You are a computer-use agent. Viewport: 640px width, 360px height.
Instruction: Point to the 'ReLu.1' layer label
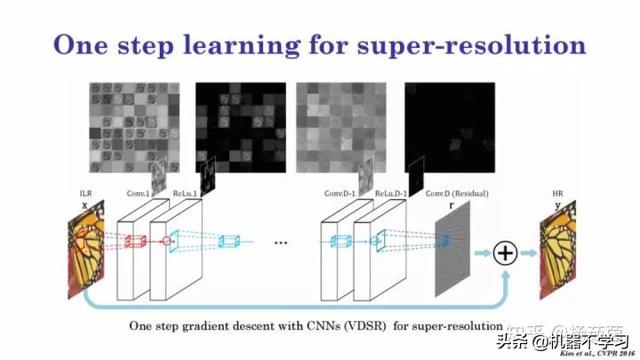[179, 192]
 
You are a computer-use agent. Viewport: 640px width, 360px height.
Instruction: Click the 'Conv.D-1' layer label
[341, 192]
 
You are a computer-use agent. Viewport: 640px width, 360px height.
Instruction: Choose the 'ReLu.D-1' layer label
[386, 192]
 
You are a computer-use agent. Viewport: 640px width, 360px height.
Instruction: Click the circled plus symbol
[505, 253]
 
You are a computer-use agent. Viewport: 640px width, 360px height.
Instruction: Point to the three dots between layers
[282, 242]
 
